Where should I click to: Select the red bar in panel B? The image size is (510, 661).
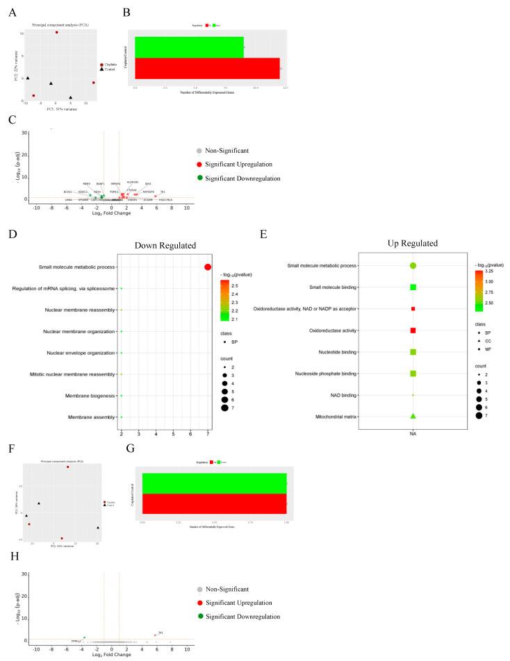coord(207,69)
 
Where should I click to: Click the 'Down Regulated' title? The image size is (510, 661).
coord(165,245)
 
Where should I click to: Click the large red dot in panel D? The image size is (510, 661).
coord(208,267)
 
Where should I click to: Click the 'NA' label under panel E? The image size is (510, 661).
coord(413,434)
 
